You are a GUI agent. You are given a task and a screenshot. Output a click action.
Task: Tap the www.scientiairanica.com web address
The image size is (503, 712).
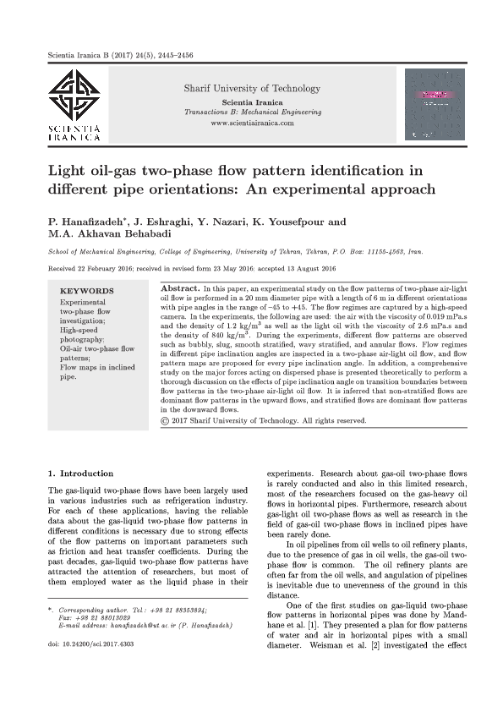[252, 123]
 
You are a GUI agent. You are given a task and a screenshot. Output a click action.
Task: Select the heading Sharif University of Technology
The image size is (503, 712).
[252, 89]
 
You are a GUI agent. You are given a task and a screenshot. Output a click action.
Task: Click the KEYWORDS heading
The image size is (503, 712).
[87, 290]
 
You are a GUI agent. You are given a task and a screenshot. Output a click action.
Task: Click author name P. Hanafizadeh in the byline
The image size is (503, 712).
[83, 222]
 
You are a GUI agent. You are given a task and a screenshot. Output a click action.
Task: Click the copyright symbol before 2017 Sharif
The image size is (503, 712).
[164, 419]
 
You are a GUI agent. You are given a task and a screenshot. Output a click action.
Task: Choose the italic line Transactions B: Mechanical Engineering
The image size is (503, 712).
[252, 112]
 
